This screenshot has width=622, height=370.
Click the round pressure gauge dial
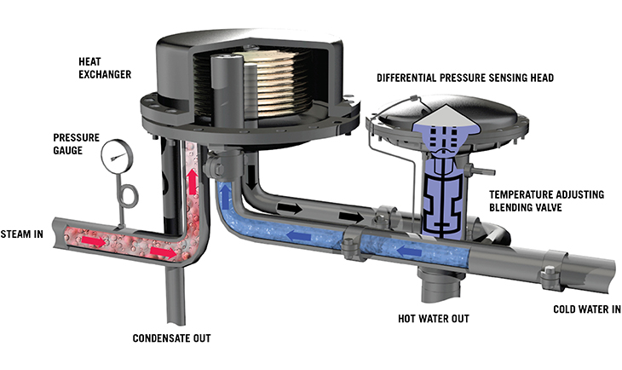(117, 156)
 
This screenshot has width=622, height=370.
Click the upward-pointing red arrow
(193, 182)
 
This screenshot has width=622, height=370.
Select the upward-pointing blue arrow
(225, 192)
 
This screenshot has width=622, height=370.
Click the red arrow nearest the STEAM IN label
(94, 240)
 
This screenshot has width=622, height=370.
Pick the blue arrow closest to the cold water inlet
(409, 251)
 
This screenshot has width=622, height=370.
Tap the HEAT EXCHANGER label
(105, 68)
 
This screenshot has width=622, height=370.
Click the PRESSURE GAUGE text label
(76, 144)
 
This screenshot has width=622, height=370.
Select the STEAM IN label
(22, 234)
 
